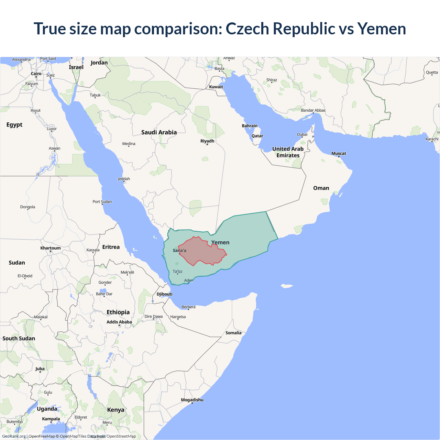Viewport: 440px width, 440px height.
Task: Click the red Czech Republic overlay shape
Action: click(x=203, y=253)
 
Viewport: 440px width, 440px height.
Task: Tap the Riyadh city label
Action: click(x=207, y=141)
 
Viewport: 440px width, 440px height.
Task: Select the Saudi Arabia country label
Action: click(x=159, y=132)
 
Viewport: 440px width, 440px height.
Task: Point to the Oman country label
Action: click(x=321, y=188)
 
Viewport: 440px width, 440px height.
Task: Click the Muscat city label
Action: click(x=339, y=153)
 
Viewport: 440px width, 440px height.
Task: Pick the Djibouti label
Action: click(x=165, y=294)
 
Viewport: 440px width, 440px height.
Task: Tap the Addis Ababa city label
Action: click(x=119, y=322)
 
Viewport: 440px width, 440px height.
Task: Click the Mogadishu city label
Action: click(x=192, y=400)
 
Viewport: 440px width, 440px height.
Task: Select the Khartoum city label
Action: click(x=51, y=248)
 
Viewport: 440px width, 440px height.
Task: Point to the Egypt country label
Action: click(x=14, y=125)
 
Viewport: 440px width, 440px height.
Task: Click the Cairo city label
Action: click(x=36, y=74)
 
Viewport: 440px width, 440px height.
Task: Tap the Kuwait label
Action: click(x=216, y=87)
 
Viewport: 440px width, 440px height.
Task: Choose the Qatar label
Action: click(x=257, y=136)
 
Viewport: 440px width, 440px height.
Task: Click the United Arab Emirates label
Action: click(x=288, y=152)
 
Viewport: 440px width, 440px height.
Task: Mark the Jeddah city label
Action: click(x=124, y=179)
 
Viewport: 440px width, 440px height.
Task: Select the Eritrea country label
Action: click(x=111, y=247)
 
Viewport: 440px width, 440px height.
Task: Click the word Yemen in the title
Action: click(x=382, y=29)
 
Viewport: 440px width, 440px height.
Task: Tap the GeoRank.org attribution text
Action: click(x=14, y=436)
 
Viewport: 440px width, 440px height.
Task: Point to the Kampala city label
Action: click(x=51, y=419)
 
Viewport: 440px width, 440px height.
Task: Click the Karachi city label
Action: click(x=432, y=139)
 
